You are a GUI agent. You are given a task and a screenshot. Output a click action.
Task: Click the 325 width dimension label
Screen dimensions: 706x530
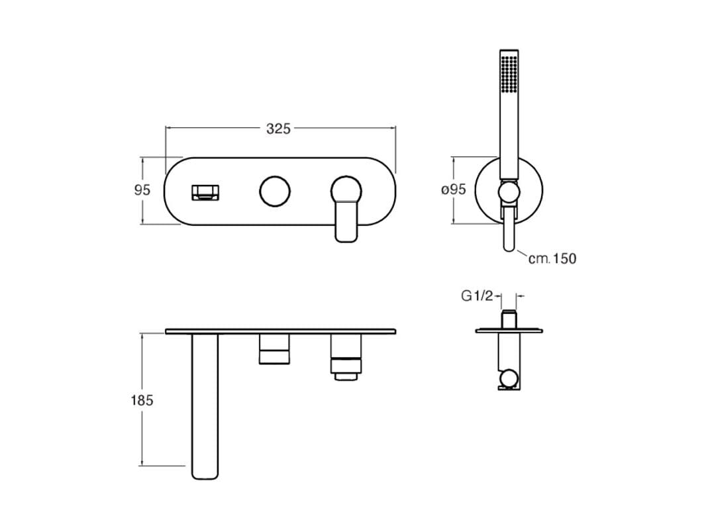(x=278, y=129)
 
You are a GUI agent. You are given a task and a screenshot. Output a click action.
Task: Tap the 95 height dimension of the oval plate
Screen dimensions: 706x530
(x=142, y=190)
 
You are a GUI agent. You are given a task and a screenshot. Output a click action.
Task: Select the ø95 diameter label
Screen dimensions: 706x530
(x=454, y=189)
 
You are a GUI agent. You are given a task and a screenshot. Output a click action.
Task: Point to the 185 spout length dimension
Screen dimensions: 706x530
(x=142, y=400)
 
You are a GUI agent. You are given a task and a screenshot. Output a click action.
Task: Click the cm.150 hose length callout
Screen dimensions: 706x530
(x=552, y=258)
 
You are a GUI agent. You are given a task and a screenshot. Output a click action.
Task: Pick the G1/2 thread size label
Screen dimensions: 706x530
(x=477, y=296)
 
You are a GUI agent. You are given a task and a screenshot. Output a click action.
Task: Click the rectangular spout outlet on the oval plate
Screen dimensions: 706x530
(x=206, y=192)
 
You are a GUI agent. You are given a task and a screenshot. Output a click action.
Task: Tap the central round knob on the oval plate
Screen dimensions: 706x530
(x=275, y=191)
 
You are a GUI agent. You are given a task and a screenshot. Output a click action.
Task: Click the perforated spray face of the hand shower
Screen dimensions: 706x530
(x=509, y=74)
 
